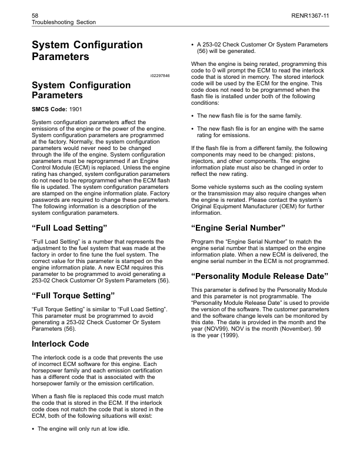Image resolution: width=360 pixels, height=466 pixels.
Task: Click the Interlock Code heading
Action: coord(60,344)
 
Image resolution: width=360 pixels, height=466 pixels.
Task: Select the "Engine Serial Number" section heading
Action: coord(238,227)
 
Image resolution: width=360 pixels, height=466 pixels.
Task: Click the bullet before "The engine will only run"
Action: coord(34,429)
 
